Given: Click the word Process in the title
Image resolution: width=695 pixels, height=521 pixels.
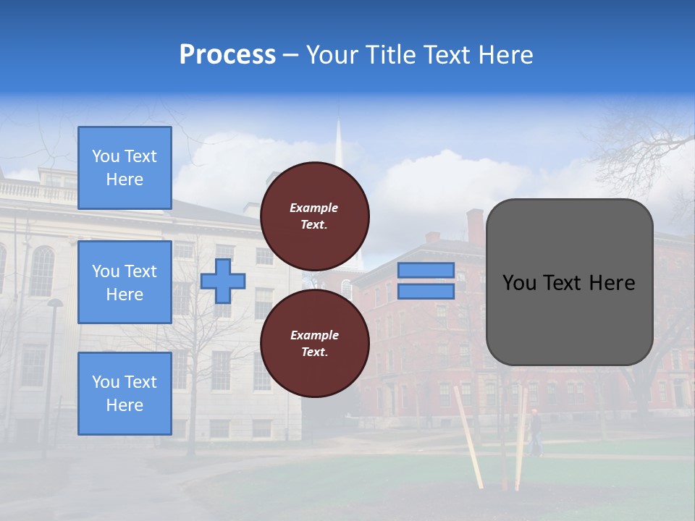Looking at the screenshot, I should [227, 55].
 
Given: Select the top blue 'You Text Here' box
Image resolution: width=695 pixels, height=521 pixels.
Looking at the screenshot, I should [125, 168].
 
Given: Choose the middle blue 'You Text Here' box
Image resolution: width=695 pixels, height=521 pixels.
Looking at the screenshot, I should [125, 282].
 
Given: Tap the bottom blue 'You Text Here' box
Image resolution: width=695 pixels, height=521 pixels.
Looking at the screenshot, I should [125, 394].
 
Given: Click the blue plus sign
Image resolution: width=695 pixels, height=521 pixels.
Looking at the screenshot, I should [222, 281].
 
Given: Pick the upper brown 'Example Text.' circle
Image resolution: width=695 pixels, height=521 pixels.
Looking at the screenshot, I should [314, 216].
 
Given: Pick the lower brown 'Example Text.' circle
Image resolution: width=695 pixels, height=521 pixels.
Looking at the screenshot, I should [314, 343].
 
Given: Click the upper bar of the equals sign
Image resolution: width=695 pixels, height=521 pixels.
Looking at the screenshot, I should [426, 270].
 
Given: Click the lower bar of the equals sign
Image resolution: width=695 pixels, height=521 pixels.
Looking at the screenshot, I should [426, 291].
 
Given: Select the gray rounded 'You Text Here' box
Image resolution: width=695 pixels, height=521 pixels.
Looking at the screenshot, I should [569, 282].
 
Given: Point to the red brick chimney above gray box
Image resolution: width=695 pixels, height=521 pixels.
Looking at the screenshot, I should [474, 225].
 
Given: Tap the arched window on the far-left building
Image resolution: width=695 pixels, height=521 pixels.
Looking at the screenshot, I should [42, 271].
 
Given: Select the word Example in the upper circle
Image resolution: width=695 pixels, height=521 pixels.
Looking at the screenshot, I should [313, 208].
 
